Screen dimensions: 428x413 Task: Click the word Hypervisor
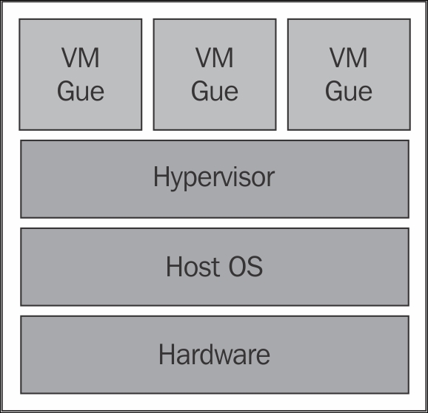pyautogui.click(x=214, y=177)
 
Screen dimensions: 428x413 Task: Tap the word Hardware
pyautogui.click(x=214, y=354)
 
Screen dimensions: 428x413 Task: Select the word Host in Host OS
pyautogui.click(x=193, y=266)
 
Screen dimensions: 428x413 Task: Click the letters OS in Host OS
pyautogui.click(x=246, y=266)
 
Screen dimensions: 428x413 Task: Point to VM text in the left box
pyautogui.click(x=80, y=58)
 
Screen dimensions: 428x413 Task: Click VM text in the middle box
pyautogui.click(x=215, y=58)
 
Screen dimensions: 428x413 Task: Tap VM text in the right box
pyautogui.click(x=349, y=58)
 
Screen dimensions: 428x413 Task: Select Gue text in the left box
pyautogui.click(x=81, y=91)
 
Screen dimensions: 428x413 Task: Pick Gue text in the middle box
pyautogui.click(x=215, y=91)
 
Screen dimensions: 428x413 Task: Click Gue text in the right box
pyautogui.click(x=349, y=91)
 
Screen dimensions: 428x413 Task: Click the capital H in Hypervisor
pyautogui.click(x=161, y=177)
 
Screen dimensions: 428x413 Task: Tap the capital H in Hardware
pyautogui.click(x=167, y=354)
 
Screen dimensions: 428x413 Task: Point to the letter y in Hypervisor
pyautogui.click(x=178, y=181)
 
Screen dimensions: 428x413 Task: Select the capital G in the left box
pyautogui.click(x=65, y=91)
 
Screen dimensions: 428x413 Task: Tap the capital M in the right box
pyautogui.click(x=358, y=58)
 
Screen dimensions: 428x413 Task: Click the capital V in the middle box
pyautogui.click(x=204, y=58)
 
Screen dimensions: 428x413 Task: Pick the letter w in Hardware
pyautogui.click(x=227, y=357)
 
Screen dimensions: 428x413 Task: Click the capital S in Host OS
pyautogui.click(x=255, y=266)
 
